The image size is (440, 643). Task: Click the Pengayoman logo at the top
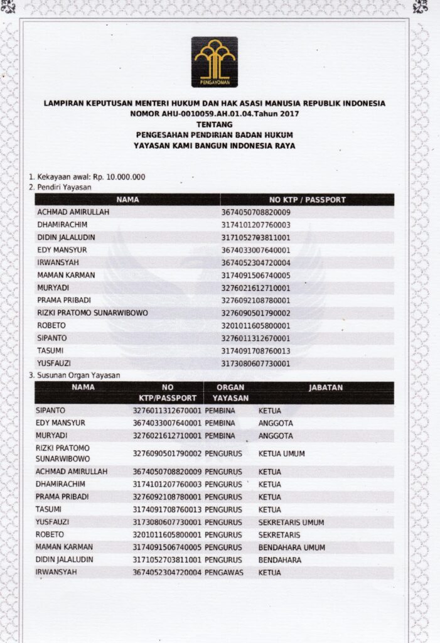pyautogui.click(x=214, y=62)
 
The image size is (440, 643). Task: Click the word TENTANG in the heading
pyautogui.click(x=214, y=124)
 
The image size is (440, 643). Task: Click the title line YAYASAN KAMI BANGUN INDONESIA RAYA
pyautogui.click(x=214, y=145)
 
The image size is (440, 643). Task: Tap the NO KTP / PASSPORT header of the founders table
pyautogui.click(x=307, y=200)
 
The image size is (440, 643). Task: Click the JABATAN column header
pyautogui.click(x=325, y=387)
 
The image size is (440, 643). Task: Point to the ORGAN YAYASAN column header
pyautogui.click(x=230, y=392)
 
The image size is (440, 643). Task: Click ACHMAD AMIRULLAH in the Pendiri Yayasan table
pyautogui.click(x=73, y=212)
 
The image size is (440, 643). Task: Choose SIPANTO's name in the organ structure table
pyautogui.click(x=51, y=410)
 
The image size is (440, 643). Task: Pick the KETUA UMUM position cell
pyautogui.click(x=281, y=453)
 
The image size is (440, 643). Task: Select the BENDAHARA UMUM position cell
pyautogui.click(x=291, y=547)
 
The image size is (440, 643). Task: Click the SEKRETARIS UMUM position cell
pyautogui.click(x=291, y=522)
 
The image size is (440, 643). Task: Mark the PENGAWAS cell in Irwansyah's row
pyautogui.click(x=223, y=573)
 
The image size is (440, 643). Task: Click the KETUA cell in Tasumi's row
pyautogui.click(x=269, y=509)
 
